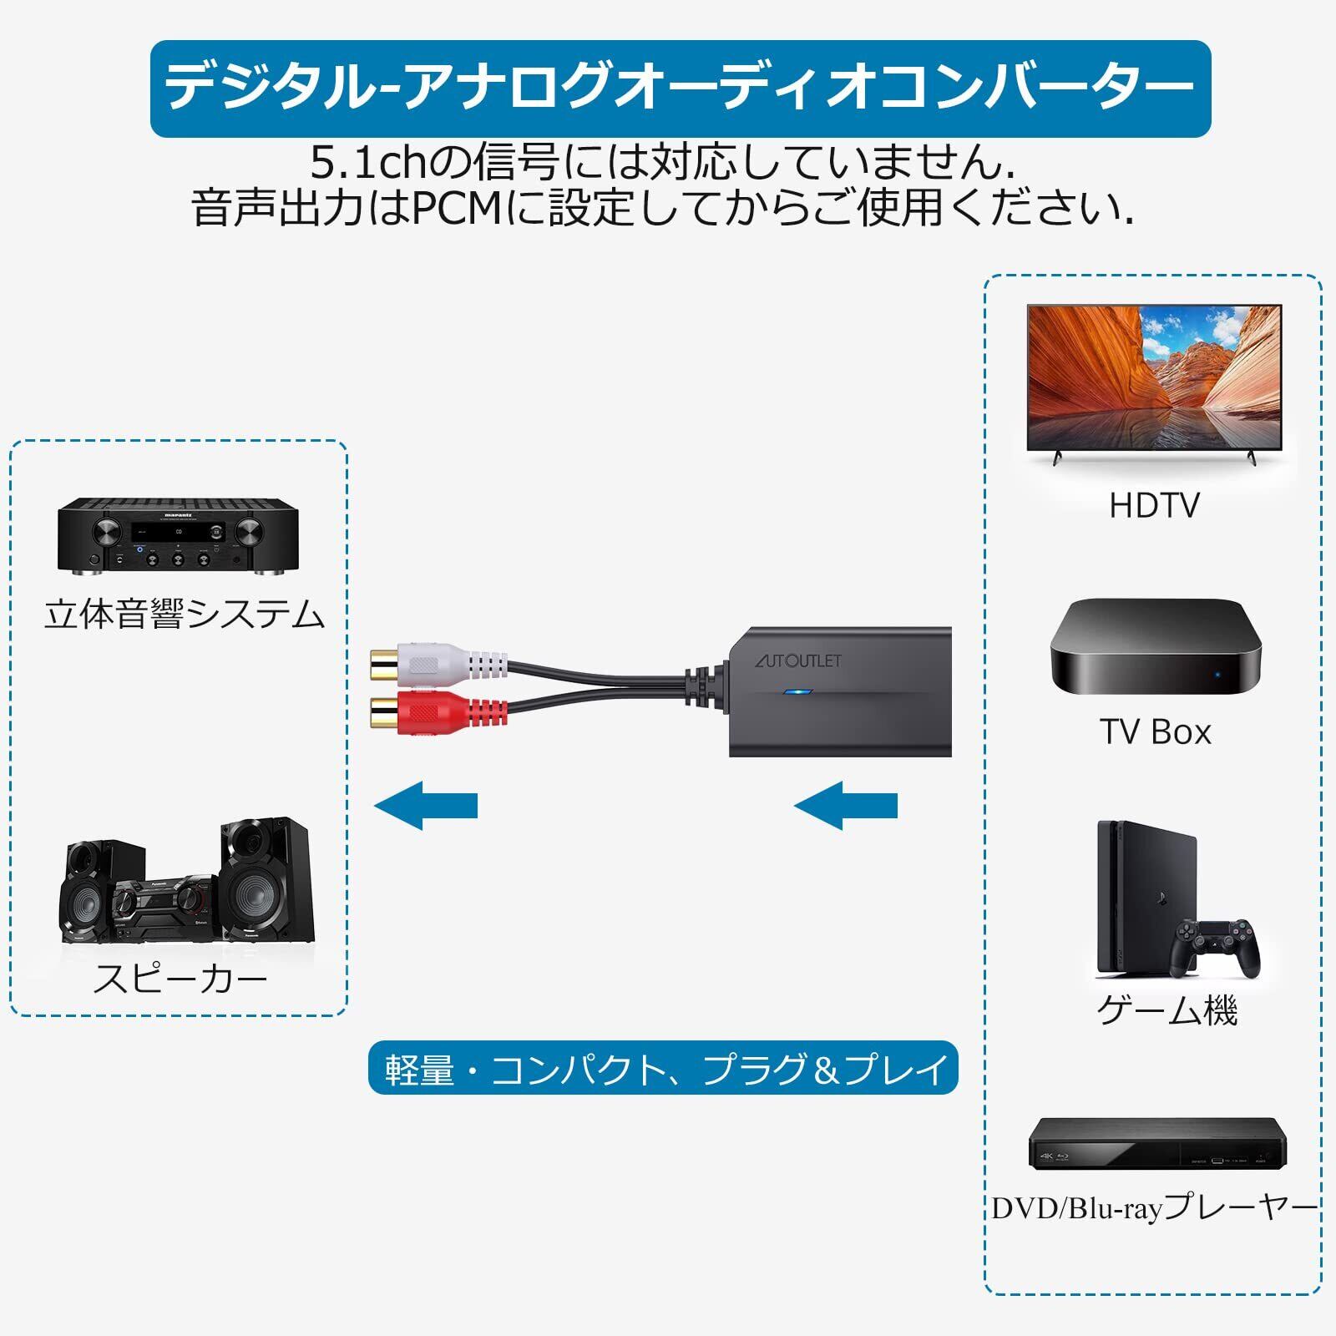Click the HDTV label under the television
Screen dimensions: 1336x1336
tap(1154, 506)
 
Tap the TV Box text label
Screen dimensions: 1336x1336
tap(1155, 732)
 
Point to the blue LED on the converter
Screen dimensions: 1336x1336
tap(797, 692)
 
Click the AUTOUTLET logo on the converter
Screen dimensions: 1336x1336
tap(798, 661)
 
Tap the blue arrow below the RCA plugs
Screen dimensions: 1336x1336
tap(426, 806)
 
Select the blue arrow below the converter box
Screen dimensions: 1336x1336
tap(845, 806)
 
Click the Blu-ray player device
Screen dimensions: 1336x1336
tap(1156, 1143)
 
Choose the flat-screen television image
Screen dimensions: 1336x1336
tap(1154, 380)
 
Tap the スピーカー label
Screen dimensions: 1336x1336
tap(180, 979)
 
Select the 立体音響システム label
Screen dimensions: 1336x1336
tap(184, 615)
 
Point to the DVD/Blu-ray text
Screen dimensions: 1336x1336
tap(1077, 1208)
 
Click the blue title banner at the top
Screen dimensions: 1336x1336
tap(680, 89)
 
